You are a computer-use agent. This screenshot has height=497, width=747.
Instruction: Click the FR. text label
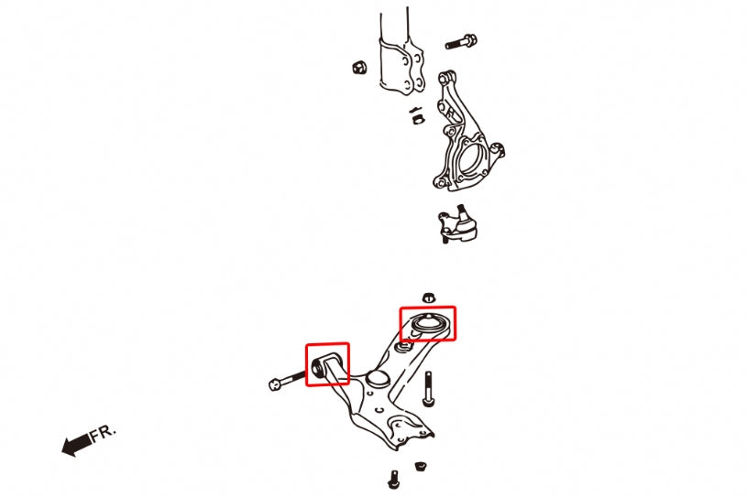pos(103,433)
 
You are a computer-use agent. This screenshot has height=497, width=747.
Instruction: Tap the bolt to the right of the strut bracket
pos(461,42)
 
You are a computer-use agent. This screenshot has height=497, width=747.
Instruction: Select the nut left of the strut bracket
pos(358,67)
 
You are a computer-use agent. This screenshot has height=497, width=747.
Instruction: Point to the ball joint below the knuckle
pos(457,223)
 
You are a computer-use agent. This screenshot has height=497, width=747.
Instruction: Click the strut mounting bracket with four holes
pos(402,67)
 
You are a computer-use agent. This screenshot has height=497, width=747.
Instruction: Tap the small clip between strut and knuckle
pos(417,115)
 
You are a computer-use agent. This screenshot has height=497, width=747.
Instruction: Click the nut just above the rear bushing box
pos(428,297)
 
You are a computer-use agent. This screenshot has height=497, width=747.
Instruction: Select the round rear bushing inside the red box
pos(428,324)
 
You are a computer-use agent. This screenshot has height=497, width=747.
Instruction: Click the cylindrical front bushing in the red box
pos(317,367)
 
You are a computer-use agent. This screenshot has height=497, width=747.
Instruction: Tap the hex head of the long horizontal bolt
pos(275,384)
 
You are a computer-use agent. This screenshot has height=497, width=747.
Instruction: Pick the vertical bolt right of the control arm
pos(428,390)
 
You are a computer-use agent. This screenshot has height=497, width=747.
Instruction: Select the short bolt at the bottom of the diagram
pos(394,480)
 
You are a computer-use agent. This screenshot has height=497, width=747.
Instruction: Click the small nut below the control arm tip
pos(420,466)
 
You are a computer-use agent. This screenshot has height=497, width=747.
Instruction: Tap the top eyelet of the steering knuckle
pos(447,78)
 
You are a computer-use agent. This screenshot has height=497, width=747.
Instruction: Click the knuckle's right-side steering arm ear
pos(498,150)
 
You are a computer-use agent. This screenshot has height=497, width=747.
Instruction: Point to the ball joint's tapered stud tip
pos(460,208)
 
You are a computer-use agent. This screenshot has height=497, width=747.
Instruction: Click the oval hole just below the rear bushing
pos(404,346)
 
